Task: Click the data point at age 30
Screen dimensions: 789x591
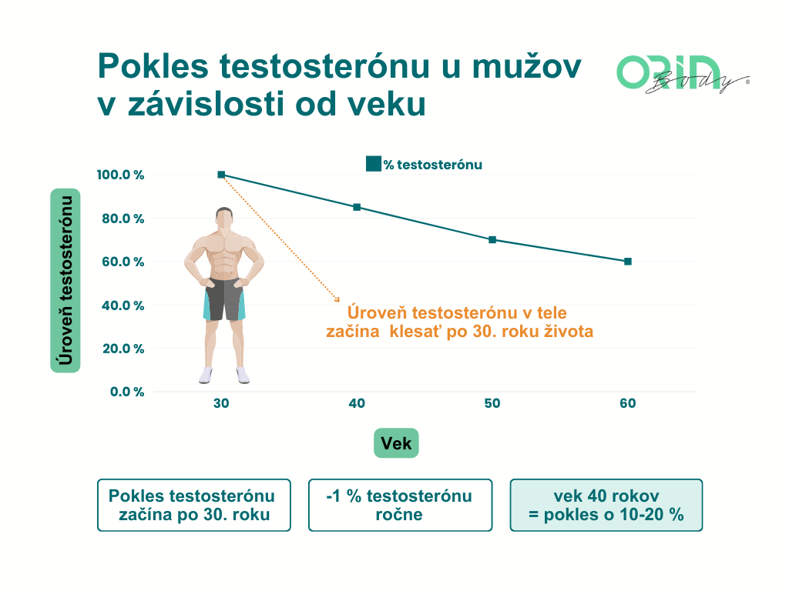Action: pos(221,175)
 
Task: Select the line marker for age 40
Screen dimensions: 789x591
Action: pos(357,207)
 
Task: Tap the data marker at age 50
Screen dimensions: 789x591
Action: pos(492,240)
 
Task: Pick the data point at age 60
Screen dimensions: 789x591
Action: pos(627,262)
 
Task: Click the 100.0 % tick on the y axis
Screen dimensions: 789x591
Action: pos(120,175)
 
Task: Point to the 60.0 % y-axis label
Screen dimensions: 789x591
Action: pos(123,262)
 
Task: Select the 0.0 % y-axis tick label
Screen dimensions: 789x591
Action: pos(127,392)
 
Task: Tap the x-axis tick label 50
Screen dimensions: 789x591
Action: pos(492,403)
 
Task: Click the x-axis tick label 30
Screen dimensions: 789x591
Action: pos(221,403)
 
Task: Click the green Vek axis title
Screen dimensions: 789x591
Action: pos(396,443)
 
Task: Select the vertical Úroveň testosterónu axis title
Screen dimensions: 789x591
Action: pos(65,280)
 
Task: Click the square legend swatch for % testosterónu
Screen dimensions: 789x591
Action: pos(374,164)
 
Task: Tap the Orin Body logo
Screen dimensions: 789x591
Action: pos(683,74)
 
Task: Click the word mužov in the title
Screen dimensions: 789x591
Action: pos(526,66)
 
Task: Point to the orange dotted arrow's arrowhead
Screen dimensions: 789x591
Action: pos(337,299)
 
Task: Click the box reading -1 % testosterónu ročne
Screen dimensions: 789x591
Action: pos(400,505)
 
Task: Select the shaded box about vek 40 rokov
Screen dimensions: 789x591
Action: pos(606,505)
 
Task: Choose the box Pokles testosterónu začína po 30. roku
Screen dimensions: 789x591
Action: pos(193,505)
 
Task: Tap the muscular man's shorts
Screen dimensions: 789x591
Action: pos(224,299)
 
